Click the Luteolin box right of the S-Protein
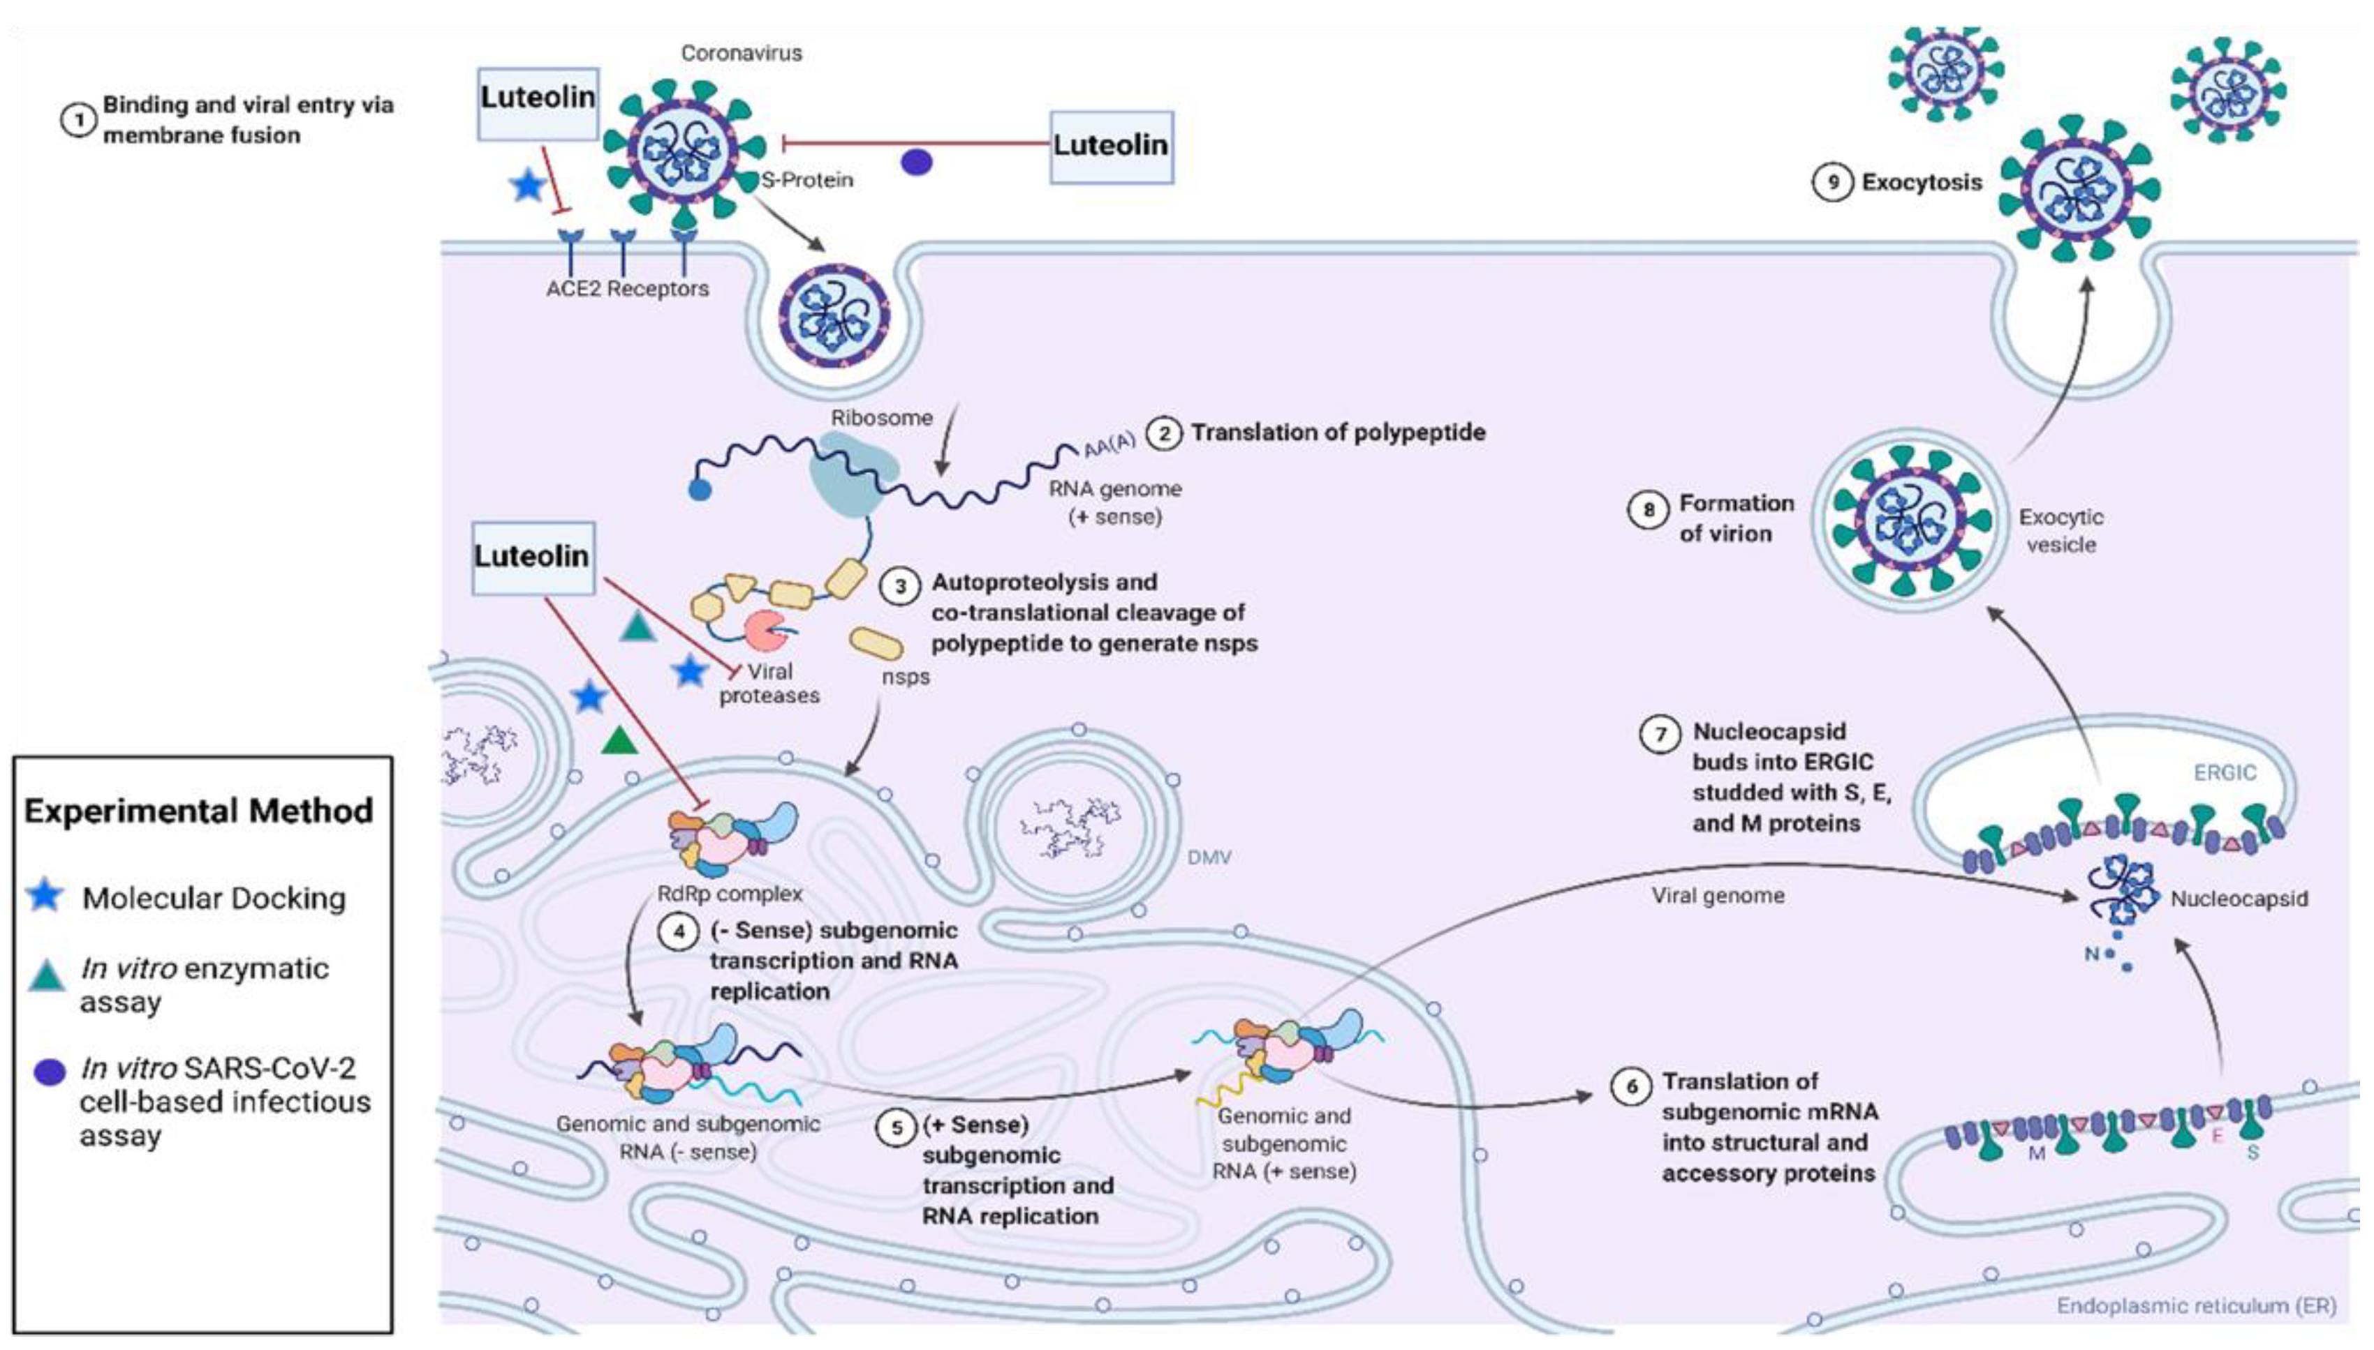coord(1110,147)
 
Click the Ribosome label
coord(880,418)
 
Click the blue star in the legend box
coord(45,896)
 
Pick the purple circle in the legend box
coord(49,1072)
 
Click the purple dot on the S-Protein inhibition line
coord(917,163)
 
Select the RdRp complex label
coord(729,894)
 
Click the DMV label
coord(1209,857)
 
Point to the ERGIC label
coord(2224,772)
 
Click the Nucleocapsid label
coord(2239,899)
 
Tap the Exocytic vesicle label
coord(2060,530)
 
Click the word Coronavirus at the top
coord(742,54)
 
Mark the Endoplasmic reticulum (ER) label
coord(2196,1305)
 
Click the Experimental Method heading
coord(198,811)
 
